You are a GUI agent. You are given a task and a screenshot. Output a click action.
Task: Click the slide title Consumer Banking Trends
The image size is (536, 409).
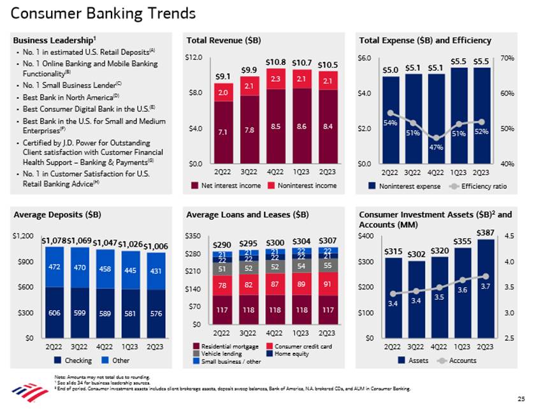pyautogui.click(x=104, y=13)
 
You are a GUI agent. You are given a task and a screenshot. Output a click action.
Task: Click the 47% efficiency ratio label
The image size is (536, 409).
pyautogui.click(x=435, y=147)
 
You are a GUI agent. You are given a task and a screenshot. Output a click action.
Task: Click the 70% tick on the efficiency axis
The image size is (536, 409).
pyautogui.click(x=508, y=58)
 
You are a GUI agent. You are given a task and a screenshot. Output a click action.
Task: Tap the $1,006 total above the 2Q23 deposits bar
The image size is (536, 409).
pyautogui.click(x=156, y=246)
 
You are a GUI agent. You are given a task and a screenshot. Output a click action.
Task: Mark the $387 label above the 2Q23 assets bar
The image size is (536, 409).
pyautogui.click(x=484, y=232)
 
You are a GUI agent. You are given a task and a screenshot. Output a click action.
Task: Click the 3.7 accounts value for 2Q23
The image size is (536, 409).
pyautogui.click(x=484, y=285)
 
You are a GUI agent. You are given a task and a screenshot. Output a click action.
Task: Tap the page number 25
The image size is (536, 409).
pyautogui.click(x=521, y=399)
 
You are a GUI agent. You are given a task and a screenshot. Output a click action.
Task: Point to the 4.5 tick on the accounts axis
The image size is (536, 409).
pyautogui.click(x=509, y=236)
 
